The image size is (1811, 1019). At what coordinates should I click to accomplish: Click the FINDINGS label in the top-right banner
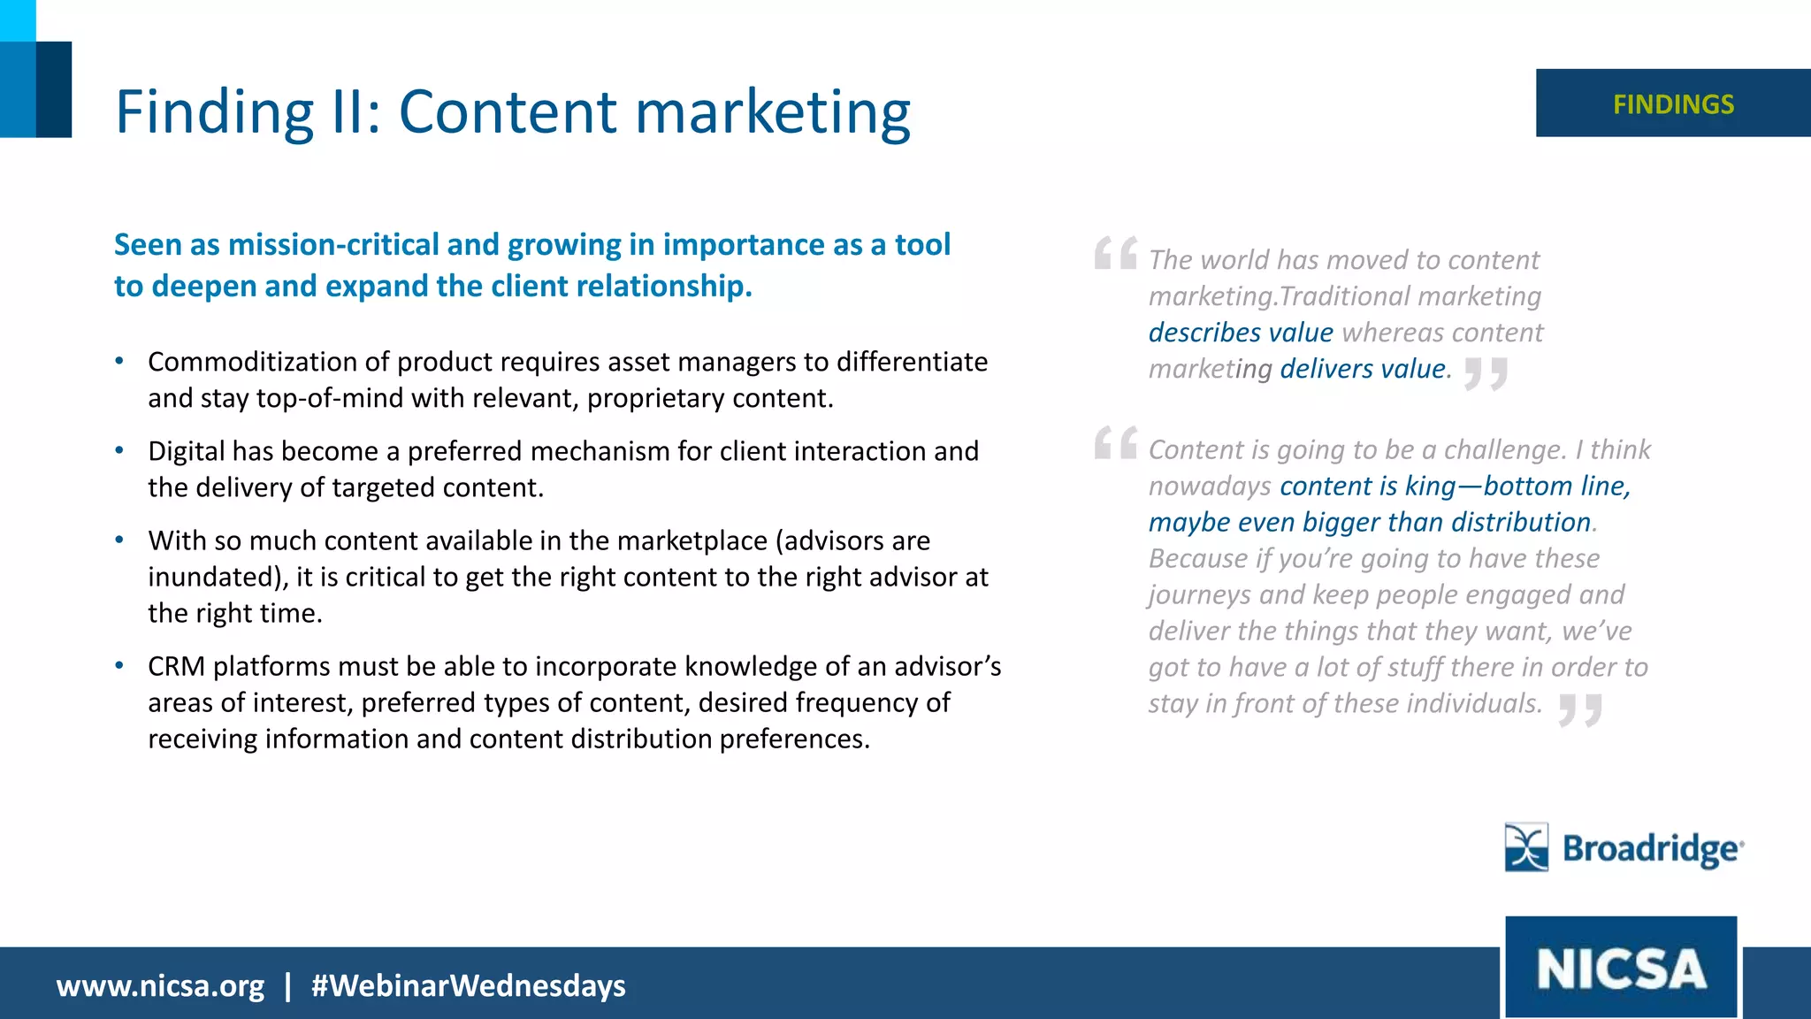[1673, 104]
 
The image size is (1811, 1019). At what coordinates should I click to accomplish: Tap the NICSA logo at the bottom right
[1621, 968]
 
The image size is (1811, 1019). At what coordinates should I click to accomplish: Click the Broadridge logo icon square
[1526, 847]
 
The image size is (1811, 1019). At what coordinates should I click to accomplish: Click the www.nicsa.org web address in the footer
[160, 985]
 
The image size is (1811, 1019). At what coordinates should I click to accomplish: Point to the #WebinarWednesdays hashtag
[468, 985]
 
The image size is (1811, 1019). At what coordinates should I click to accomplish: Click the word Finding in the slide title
[215, 112]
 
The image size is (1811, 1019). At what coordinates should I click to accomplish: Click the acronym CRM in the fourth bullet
[176, 666]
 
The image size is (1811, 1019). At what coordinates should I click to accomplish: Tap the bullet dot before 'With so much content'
[119, 540]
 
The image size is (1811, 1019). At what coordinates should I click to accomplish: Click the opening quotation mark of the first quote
[1115, 253]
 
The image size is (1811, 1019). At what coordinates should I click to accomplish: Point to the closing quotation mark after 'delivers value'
[1486, 373]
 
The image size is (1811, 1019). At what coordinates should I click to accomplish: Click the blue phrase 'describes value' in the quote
[1240, 333]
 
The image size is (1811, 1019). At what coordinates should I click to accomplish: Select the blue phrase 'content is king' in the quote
[1366, 486]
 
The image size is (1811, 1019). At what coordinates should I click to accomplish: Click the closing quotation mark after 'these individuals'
[1580, 709]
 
